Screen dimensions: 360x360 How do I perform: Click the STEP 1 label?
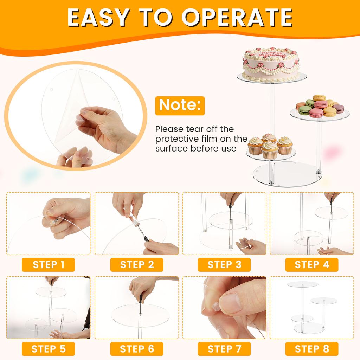click(x=49, y=264)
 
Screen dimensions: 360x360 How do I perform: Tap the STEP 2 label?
click(x=137, y=264)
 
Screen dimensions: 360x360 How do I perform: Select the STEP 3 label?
click(x=224, y=264)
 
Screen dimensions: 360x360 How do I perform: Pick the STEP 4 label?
click(x=312, y=264)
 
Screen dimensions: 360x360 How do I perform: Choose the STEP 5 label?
click(x=49, y=349)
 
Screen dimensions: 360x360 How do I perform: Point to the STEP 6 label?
click(x=137, y=349)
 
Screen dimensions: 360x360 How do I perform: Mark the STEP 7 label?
click(x=224, y=349)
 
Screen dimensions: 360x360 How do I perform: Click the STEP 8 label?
click(x=312, y=349)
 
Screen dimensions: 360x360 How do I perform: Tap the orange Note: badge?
click(x=180, y=105)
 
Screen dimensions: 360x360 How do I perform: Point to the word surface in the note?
click(x=172, y=148)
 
